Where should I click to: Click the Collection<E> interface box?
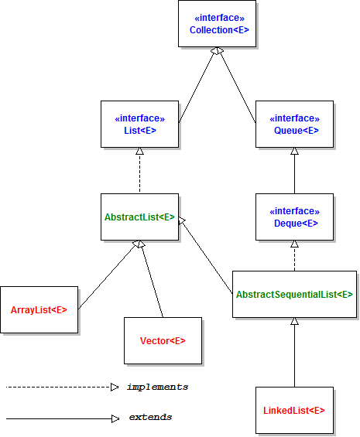click(x=217, y=24)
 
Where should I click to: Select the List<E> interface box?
click(x=139, y=124)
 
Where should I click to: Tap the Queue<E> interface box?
click(x=294, y=124)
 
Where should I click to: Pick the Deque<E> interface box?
click(x=294, y=217)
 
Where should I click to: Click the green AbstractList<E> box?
click(x=140, y=217)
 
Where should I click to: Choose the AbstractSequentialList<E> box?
click(x=294, y=294)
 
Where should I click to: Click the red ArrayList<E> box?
click(x=39, y=309)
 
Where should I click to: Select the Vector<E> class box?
click(x=163, y=340)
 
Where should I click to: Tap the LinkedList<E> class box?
click(x=294, y=410)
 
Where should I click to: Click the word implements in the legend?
click(x=157, y=387)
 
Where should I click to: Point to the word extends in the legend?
click(x=150, y=418)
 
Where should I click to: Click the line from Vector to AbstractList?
click(x=152, y=280)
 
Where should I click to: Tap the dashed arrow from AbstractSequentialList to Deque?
click(x=294, y=256)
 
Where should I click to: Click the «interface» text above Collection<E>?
click(x=217, y=17)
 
